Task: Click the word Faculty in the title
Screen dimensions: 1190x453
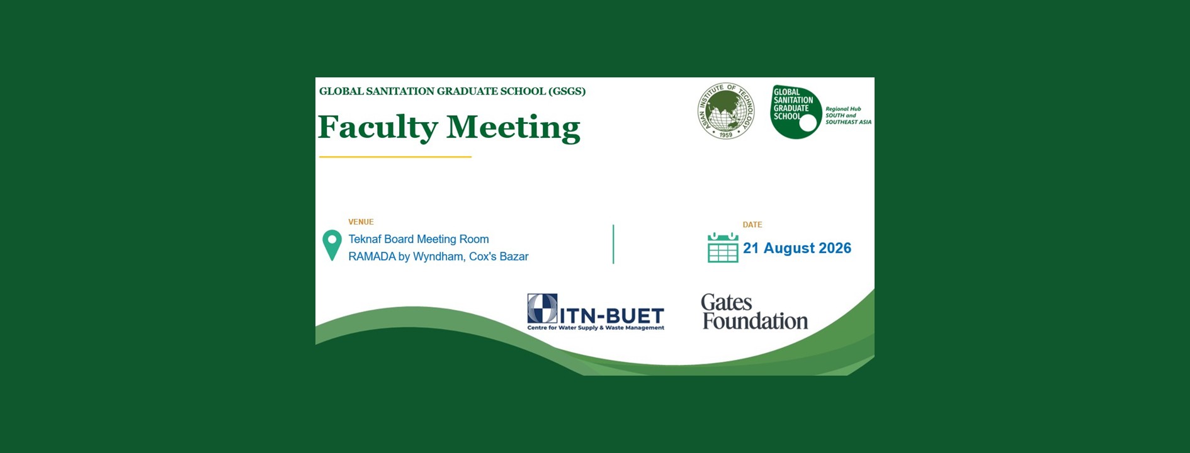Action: coord(377,128)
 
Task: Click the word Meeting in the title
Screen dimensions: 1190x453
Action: coord(514,128)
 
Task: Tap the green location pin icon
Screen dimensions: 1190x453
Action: coord(332,245)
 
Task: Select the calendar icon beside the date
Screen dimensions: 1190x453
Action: coord(723,247)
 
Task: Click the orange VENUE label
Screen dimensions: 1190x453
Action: coord(361,222)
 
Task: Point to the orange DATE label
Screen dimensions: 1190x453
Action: coord(752,225)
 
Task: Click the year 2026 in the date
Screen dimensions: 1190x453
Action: coord(835,248)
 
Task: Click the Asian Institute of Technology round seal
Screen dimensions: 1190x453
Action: coord(725,111)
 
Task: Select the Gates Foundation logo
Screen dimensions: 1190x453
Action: coord(754,312)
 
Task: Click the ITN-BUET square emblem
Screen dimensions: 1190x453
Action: coord(542,308)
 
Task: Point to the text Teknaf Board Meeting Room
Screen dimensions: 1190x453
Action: coord(419,239)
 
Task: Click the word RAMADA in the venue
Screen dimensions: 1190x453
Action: coord(372,257)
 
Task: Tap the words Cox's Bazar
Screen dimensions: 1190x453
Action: coord(499,257)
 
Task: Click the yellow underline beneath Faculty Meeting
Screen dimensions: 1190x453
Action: coord(395,157)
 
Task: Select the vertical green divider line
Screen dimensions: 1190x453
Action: coord(613,244)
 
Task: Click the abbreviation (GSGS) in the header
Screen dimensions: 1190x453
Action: coord(567,91)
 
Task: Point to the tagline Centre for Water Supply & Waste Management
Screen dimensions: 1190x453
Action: coord(596,328)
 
